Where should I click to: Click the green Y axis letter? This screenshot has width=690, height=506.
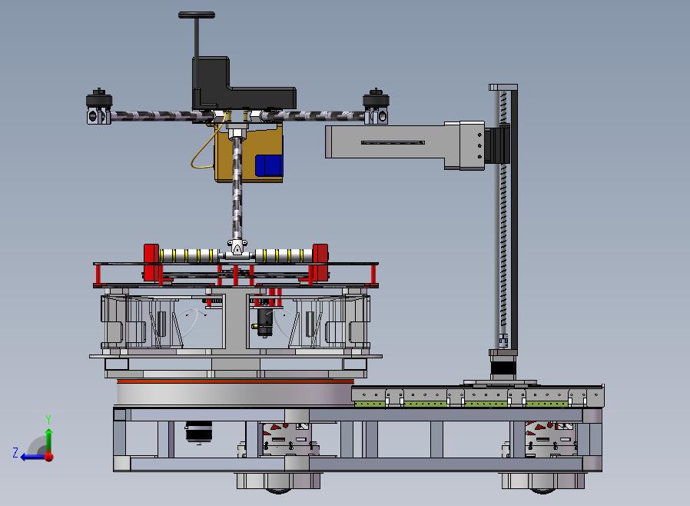(49, 419)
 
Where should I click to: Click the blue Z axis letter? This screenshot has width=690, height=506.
(15, 452)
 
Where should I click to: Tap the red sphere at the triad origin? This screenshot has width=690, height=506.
(49, 457)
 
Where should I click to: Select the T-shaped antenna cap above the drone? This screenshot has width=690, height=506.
(197, 15)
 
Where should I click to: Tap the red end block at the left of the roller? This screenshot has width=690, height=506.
(151, 261)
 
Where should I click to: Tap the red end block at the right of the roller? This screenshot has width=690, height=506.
(320, 260)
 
